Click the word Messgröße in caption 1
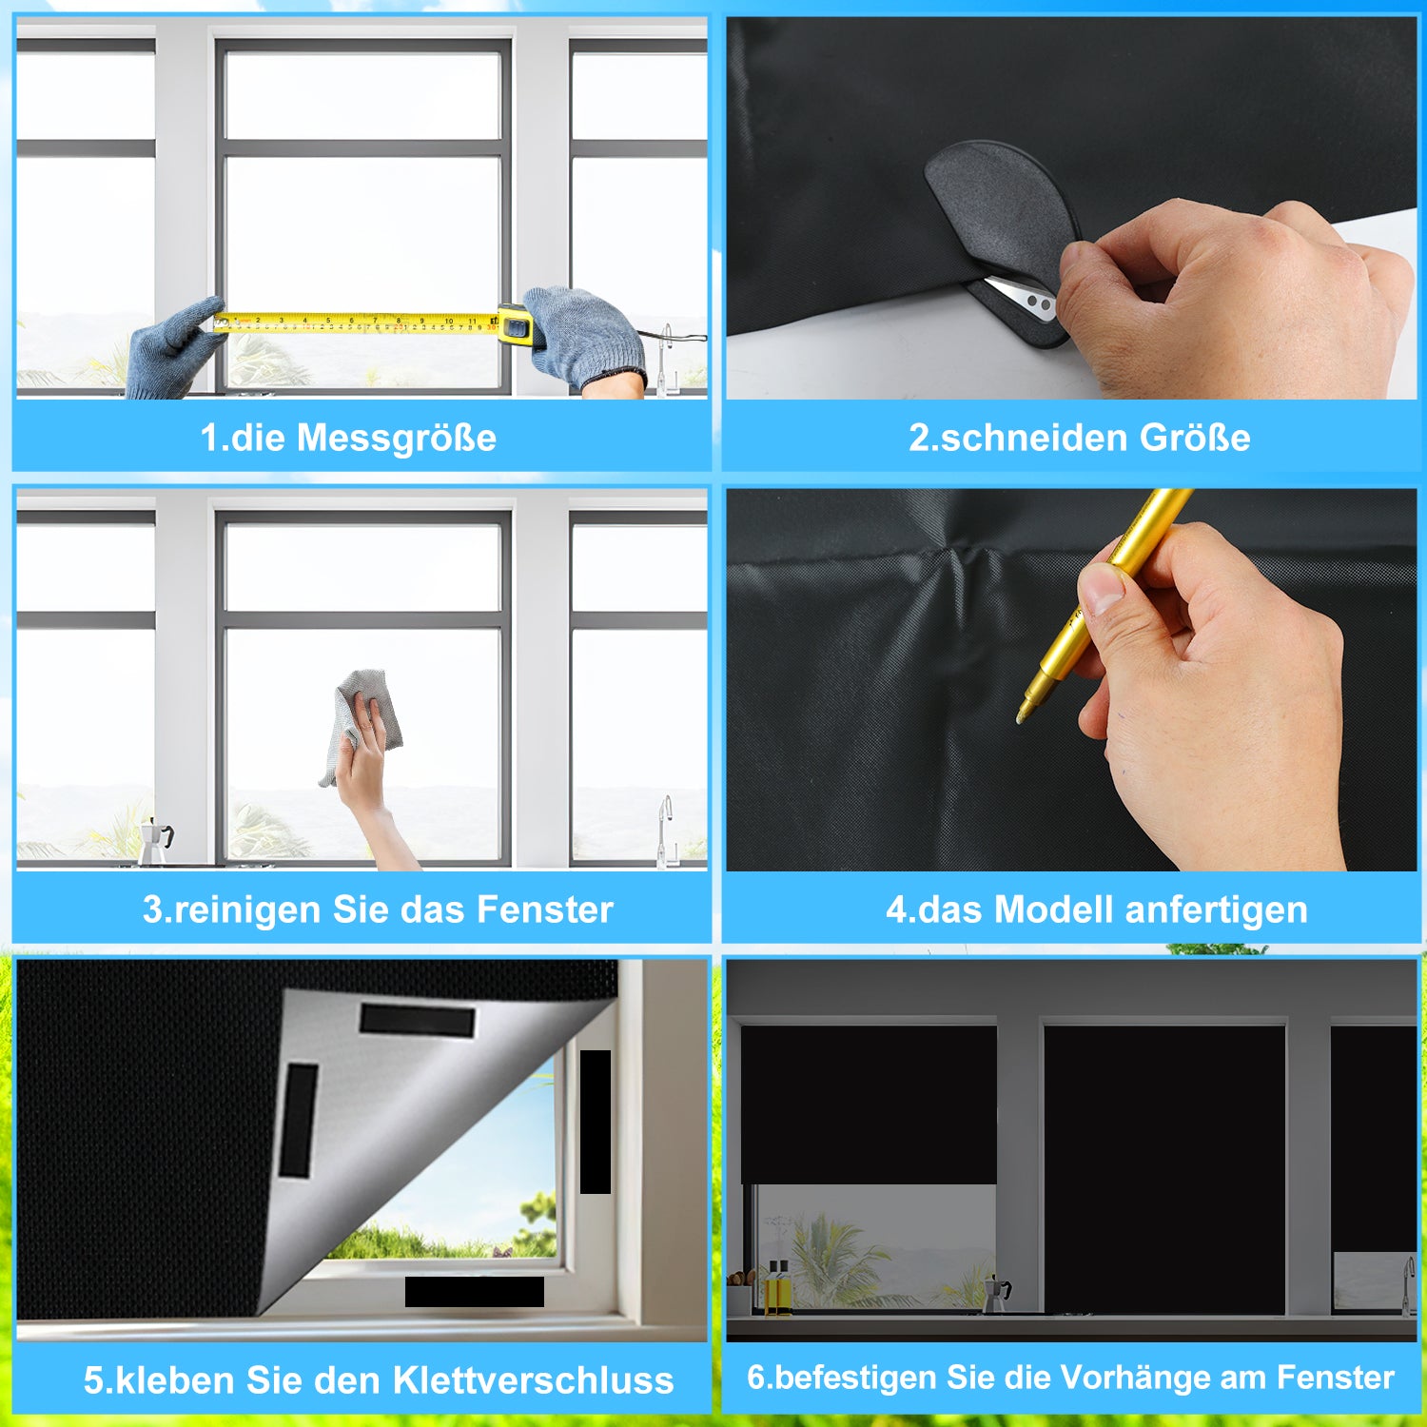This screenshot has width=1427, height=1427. pos(397,439)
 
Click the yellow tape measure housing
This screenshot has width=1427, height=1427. pos(515,323)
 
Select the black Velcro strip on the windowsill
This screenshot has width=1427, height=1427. pos(475,1291)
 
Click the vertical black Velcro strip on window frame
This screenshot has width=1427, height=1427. pos(596,1122)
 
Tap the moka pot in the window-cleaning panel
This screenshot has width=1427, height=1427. pos(155,841)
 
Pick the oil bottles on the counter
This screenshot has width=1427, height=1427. pos(777,1288)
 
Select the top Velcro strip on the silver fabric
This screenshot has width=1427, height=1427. pos(417,1020)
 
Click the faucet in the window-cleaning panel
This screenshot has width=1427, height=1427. pos(666,830)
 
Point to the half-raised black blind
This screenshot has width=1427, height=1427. pos(869,1104)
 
